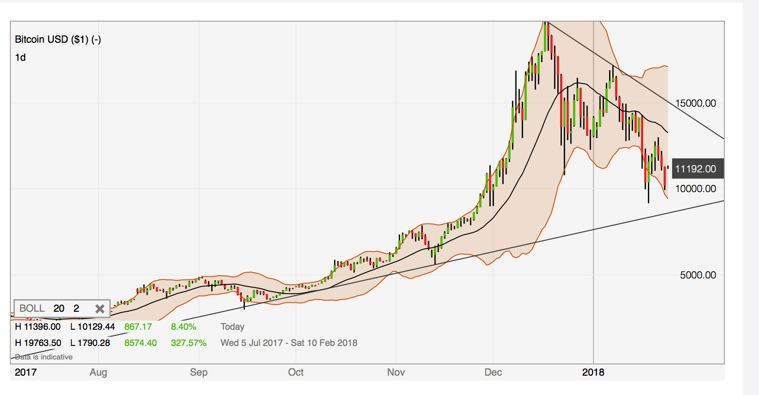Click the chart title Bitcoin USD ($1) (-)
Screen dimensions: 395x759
[x=58, y=40]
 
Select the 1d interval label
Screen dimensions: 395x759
[x=20, y=58]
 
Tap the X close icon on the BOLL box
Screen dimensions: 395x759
[x=100, y=309]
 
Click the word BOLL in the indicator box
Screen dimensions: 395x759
[x=32, y=309]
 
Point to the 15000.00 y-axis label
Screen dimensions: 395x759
[x=696, y=103]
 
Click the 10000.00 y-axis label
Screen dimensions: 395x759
[x=696, y=189]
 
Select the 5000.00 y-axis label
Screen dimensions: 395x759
[x=698, y=275]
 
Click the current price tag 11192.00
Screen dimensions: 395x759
[x=696, y=169]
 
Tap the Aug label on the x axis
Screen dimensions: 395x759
[x=98, y=373]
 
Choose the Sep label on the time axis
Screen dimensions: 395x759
[x=199, y=373]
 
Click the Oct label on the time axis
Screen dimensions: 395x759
[x=296, y=373]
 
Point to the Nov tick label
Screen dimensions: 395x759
[x=396, y=373]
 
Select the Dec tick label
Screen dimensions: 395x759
[x=493, y=373]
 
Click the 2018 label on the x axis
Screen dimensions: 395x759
[x=593, y=373]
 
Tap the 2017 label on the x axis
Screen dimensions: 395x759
[x=26, y=373]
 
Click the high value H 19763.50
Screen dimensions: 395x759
[x=38, y=343]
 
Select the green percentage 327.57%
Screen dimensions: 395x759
[x=188, y=343]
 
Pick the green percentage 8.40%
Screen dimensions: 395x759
[x=183, y=327]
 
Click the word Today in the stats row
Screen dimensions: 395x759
[x=232, y=327]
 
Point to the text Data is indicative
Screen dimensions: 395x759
[x=44, y=357]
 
